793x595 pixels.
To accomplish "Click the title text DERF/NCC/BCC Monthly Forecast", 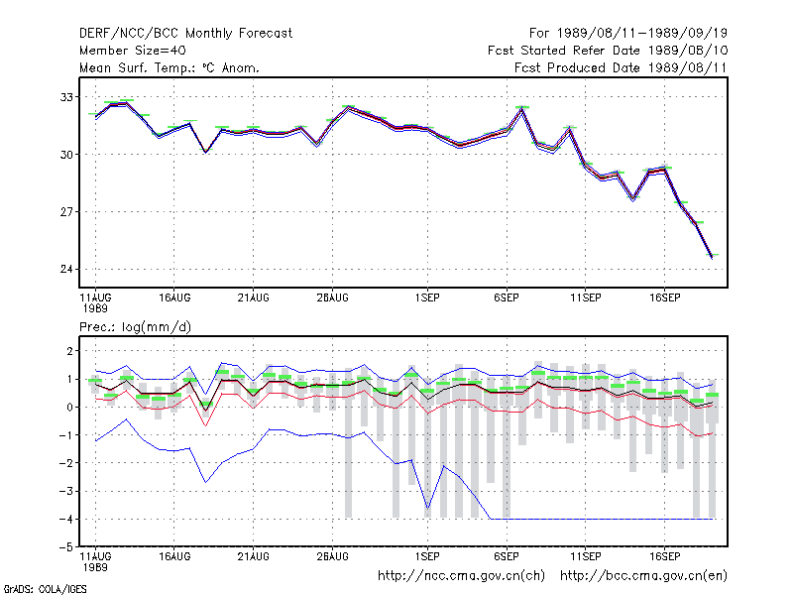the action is tap(185, 34).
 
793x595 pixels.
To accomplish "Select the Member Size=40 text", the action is tap(133, 51).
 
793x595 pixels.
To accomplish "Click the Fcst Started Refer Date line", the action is tap(608, 51).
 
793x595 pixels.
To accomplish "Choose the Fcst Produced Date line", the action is tap(621, 67).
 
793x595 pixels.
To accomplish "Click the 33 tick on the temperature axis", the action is tap(66, 96).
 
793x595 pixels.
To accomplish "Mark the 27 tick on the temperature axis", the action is tap(66, 211).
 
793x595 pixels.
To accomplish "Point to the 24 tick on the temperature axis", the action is tap(66, 269).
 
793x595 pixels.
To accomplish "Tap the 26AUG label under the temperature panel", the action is tap(332, 297).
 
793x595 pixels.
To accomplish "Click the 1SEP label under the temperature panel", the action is tap(427, 297).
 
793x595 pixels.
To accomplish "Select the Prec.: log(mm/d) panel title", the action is tap(135, 327).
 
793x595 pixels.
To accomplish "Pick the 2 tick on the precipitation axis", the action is tap(69, 351).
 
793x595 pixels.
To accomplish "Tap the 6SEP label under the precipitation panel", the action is tap(507, 556).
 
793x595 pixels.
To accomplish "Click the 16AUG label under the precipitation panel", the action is tap(174, 556).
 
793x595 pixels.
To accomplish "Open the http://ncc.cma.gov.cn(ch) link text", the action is tap(461, 576).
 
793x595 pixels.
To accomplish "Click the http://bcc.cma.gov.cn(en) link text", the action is tap(643, 576).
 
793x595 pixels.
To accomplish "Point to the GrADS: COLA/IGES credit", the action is tap(45, 589).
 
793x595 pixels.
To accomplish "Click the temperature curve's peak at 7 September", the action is tap(522, 109).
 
